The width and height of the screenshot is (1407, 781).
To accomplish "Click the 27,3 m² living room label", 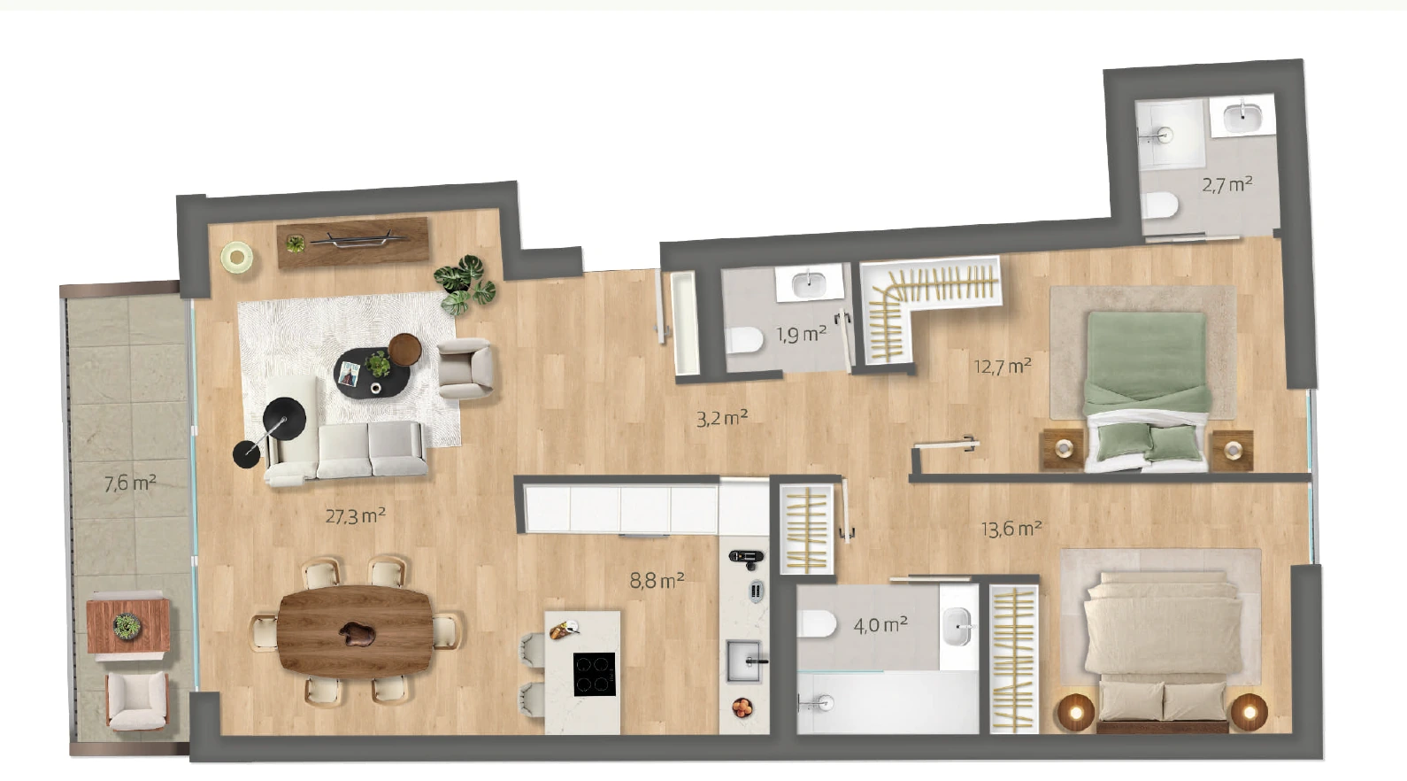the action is coord(356,516).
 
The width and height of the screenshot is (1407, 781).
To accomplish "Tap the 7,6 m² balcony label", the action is coord(130,483).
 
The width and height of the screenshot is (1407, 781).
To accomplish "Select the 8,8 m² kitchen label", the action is coord(657,580).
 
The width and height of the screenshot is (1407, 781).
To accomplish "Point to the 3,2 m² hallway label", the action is coord(722,418).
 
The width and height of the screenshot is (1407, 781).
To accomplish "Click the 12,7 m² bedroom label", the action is coord(1003,366).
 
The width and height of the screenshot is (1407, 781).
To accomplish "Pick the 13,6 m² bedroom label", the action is coord(1012,529).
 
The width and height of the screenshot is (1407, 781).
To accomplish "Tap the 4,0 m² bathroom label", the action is coord(880,624).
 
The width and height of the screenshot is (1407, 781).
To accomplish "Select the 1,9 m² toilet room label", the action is coord(802,334).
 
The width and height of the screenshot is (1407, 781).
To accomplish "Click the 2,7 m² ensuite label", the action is coord(1227,184).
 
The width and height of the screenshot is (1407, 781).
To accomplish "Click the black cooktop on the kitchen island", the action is coord(594,674).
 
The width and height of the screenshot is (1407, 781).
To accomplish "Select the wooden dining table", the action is coord(356,631).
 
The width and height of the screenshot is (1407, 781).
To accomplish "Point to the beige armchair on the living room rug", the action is coord(465,368).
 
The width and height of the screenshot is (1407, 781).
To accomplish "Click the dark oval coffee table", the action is coord(372,372).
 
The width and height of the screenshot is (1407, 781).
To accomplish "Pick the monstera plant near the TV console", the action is coord(465,284).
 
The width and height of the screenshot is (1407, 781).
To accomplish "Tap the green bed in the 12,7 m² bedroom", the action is coord(1147,390).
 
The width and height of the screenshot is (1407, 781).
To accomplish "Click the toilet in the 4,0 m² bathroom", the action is coord(817,624).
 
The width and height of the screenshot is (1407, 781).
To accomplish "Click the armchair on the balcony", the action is coord(137,700).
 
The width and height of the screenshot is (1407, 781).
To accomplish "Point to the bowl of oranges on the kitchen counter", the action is coord(742,708).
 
